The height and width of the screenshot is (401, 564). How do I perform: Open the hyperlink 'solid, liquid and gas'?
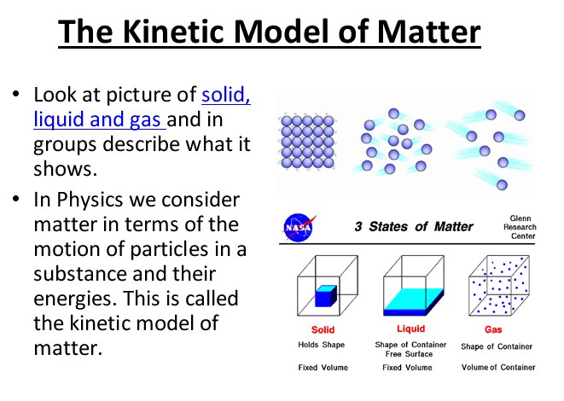point(142,107)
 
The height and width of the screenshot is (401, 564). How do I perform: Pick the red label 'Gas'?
point(497,329)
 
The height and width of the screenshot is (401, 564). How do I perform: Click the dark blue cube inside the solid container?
point(324,296)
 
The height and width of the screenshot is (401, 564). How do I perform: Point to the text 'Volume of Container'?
point(497,368)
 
